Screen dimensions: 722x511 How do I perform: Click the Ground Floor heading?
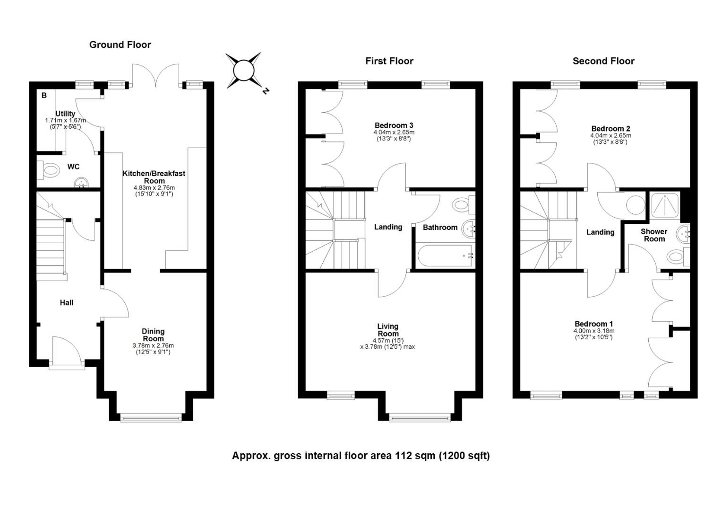120,44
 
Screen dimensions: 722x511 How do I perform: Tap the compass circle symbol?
243,70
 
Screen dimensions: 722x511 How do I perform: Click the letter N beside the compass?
266,91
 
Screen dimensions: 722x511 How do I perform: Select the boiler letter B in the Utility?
44,95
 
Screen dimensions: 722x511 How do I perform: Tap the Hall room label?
67,302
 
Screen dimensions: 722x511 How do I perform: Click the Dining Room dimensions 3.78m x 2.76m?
153,345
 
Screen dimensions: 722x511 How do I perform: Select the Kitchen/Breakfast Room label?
154,177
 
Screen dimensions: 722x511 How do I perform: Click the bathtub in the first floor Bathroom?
446,255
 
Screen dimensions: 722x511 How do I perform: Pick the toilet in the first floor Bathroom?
464,204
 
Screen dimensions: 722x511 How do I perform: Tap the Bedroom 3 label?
394,125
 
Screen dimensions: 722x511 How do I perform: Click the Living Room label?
388,330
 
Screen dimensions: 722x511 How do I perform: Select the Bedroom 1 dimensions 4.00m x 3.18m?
594,331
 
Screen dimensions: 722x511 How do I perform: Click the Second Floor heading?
603,61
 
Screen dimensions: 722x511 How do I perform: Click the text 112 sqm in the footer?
415,456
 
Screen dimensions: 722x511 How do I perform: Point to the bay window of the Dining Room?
151,418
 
